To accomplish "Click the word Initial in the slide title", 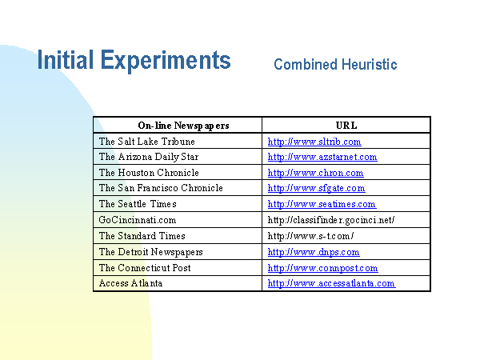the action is [66, 60].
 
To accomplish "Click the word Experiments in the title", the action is [166, 62].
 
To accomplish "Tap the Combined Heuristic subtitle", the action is [335, 65].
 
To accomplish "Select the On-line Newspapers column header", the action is [183, 126].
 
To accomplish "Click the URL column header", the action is [346, 126].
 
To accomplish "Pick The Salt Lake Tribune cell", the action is [147, 142].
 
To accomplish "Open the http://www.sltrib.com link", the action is [314, 142].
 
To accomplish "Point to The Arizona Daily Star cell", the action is [149, 157].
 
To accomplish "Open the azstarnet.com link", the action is [322, 157].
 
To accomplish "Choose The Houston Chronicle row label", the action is [149, 173].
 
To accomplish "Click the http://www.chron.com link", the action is [316, 173].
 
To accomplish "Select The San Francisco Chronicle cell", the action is [161, 188].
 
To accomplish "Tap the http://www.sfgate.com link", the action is [316, 188].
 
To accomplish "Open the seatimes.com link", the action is [322, 204].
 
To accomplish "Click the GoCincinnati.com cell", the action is [138, 220].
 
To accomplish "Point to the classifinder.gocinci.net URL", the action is [331, 220].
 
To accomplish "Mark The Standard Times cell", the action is [142, 236].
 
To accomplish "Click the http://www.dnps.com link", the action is [314, 252].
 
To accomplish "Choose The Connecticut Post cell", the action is [145, 268].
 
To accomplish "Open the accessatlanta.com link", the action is [331, 283].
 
